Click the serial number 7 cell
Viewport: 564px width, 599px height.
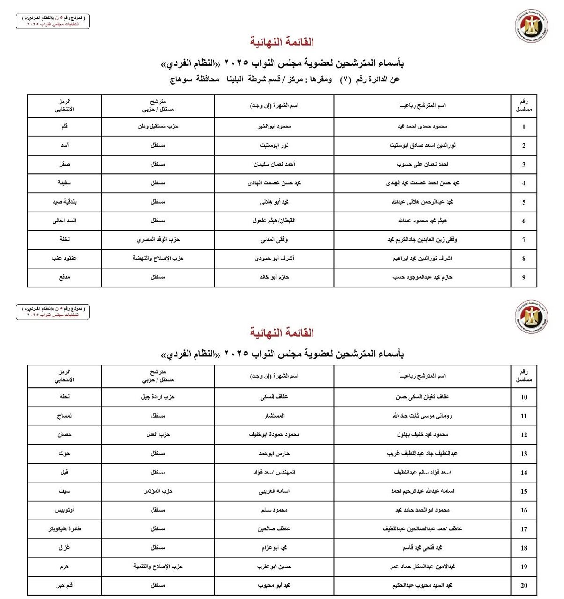(524, 240)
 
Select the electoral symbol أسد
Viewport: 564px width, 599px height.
(64, 145)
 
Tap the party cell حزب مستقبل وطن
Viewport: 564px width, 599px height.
(158, 126)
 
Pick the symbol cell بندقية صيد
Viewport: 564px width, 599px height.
(64, 202)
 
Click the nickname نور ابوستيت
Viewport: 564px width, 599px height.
(274, 145)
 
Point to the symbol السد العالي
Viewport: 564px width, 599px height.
(64, 221)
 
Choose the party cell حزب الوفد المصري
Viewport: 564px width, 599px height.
(158, 240)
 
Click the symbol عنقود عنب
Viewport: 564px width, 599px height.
(64, 258)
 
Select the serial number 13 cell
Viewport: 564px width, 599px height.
(524, 454)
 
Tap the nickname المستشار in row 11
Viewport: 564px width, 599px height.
(274, 416)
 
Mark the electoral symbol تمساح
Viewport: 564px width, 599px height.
(64, 416)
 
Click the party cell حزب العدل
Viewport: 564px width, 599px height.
(158, 435)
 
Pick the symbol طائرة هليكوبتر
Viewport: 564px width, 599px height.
(64, 529)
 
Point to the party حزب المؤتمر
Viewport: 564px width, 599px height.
(158, 491)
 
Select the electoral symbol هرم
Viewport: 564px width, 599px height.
(64, 567)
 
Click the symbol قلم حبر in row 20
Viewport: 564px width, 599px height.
(64, 585)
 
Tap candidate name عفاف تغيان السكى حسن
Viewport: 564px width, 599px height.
(422, 397)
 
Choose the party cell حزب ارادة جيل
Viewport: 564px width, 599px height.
(158, 397)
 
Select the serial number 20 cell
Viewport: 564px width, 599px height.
(524, 585)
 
